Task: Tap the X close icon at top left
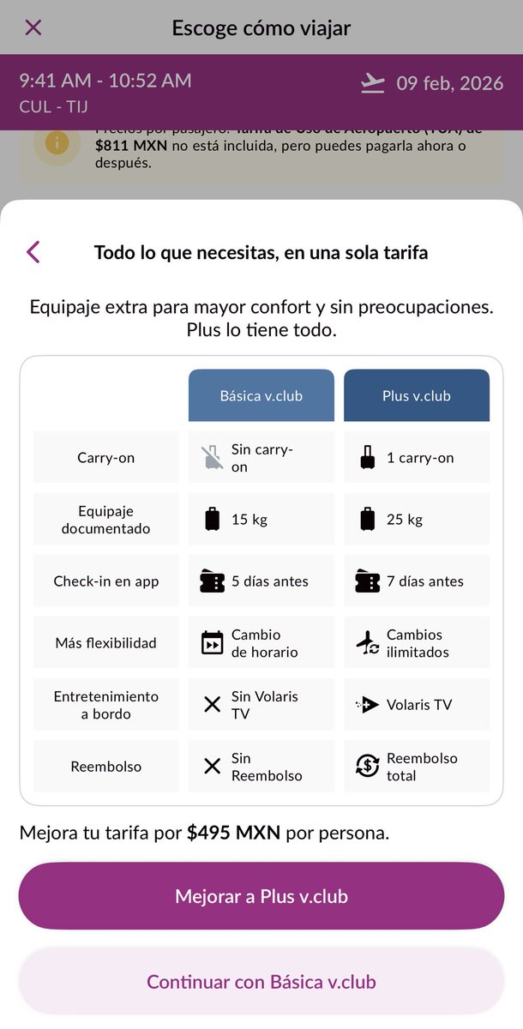pyautogui.click(x=33, y=27)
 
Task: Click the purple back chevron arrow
pyautogui.click(x=33, y=252)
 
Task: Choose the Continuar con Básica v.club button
pyautogui.click(x=261, y=982)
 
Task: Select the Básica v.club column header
pyautogui.click(x=261, y=395)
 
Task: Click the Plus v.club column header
pyautogui.click(x=417, y=395)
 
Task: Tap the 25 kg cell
pyautogui.click(x=417, y=519)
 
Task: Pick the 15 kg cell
pyautogui.click(x=261, y=519)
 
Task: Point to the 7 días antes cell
pyautogui.click(x=417, y=581)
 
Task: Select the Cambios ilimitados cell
pyautogui.click(x=417, y=642)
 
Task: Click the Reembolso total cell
pyautogui.click(x=417, y=766)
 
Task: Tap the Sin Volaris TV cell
pyautogui.click(x=261, y=704)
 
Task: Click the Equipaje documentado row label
pyautogui.click(x=106, y=519)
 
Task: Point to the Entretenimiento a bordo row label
pyautogui.click(x=106, y=704)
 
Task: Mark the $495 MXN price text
pyautogui.click(x=233, y=833)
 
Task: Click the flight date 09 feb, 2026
pyautogui.click(x=449, y=83)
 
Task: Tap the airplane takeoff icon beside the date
pyautogui.click(x=373, y=83)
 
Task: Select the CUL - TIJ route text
pyautogui.click(x=53, y=107)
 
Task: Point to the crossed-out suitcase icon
pyautogui.click(x=211, y=458)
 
